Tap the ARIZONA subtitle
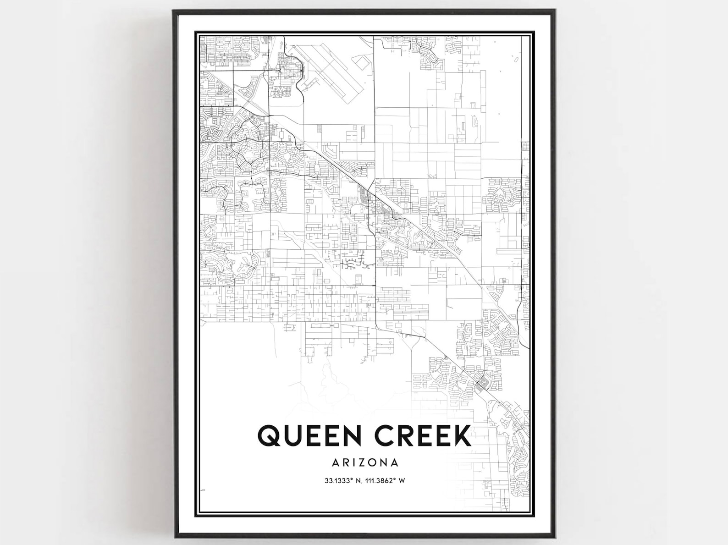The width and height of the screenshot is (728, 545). point(365,462)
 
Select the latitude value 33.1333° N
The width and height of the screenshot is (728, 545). point(341,481)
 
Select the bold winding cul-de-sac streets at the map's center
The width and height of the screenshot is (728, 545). point(353,263)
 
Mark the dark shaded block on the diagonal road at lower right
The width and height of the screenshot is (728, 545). point(480,383)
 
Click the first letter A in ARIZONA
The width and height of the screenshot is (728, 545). point(335,462)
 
